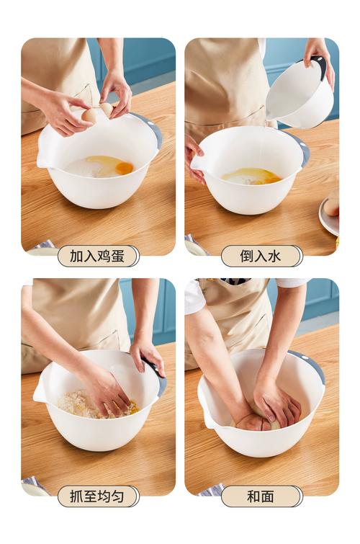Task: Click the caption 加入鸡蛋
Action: click(x=99, y=256)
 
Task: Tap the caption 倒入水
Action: click(x=261, y=256)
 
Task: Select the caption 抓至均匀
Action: click(x=99, y=496)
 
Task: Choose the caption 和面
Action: click(x=261, y=496)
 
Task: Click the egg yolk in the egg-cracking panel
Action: click(x=124, y=168)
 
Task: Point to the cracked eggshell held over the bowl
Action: click(x=97, y=113)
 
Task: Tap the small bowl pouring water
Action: click(x=301, y=94)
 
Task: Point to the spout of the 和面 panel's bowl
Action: click(x=206, y=418)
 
